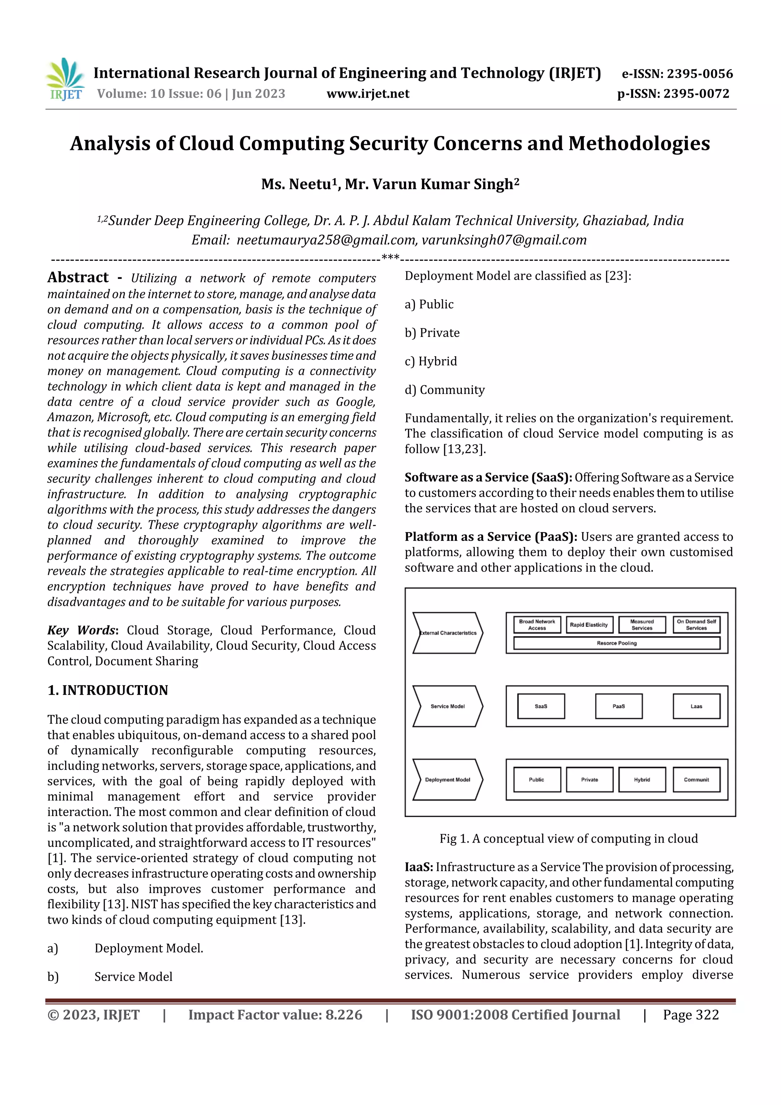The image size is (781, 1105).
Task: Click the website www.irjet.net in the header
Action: [x=368, y=94]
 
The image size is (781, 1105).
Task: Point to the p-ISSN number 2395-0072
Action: [x=696, y=94]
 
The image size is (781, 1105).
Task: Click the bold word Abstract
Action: [x=78, y=278]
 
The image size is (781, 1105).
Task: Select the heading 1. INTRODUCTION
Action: [x=108, y=690]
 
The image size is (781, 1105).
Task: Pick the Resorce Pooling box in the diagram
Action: [x=616, y=643]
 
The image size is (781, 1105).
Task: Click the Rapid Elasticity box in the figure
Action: [x=589, y=625]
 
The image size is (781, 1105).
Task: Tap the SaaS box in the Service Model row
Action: [x=541, y=706]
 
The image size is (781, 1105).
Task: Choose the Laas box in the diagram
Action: [x=696, y=706]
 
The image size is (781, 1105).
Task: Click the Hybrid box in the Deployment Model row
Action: [x=642, y=779]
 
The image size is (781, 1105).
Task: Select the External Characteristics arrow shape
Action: [x=448, y=633]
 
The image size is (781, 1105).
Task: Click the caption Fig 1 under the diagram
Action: [x=568, y=838]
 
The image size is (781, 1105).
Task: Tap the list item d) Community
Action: [x=445, y=390]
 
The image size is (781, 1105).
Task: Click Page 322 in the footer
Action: [x=691, y=1015]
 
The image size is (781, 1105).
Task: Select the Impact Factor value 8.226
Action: [x=344, y=1015]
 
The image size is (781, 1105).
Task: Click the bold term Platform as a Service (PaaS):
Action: [x=491, y=537]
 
